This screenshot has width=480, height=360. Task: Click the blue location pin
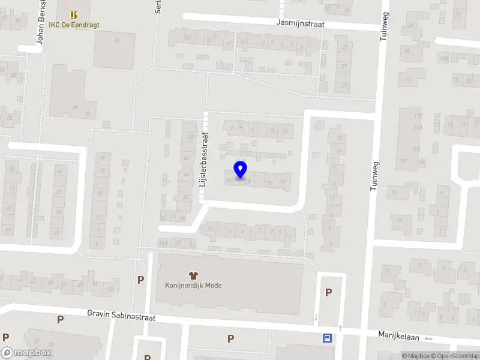pyautogui.click(x=240, y=170)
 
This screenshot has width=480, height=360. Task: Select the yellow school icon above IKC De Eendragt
pyautogui.click(x=74, y=14)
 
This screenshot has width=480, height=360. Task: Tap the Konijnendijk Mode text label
pyautogui.click(x=193, y=286)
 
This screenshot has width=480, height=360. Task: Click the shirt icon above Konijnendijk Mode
pyautogui.click(x=193, y=275)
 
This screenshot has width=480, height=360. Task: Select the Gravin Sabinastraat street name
pyautogui.click(x=121, y=313)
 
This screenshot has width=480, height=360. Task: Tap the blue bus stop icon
pyautogui.click(x=327, y=338)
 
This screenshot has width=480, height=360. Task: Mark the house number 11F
pyautogui.click(x=404, y=161)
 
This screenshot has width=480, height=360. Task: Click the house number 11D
pyautogui.click(x=417, y=128)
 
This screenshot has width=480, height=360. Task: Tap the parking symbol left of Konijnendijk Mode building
pyautogui.click(x=141, y=280)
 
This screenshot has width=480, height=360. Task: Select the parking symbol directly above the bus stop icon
pyautogui.click(x=328, y=292)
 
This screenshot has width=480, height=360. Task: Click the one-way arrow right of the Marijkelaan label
pyautogui.click(x=428, y=339)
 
